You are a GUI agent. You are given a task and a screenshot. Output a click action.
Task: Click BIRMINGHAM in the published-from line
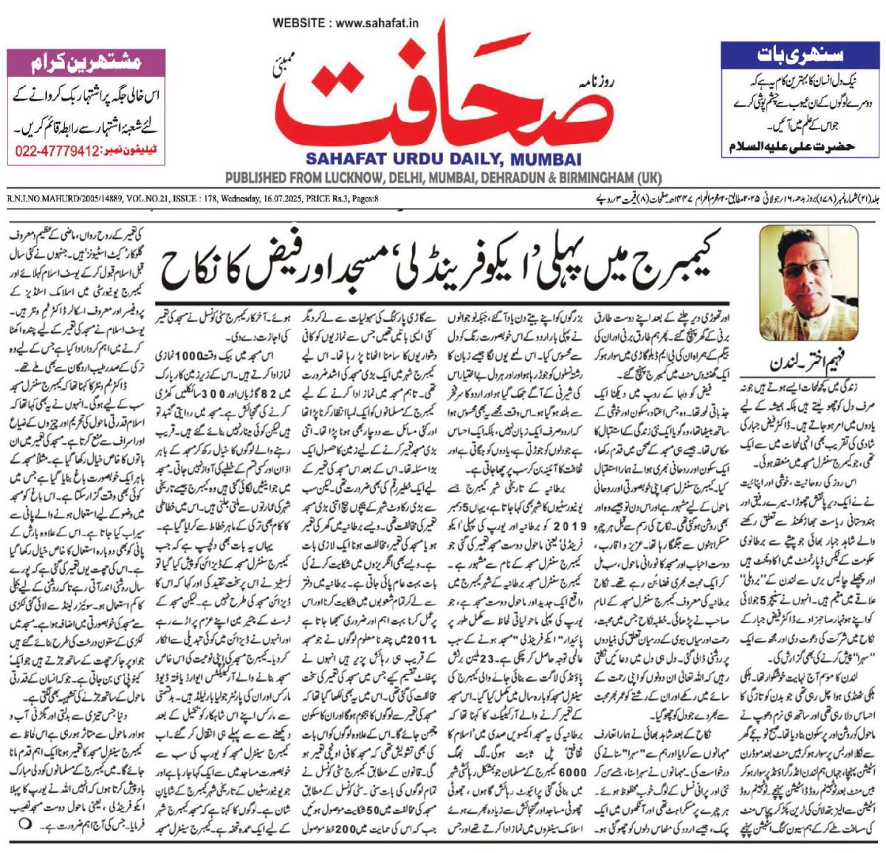597,179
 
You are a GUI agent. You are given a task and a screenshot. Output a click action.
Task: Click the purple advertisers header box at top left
75,64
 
